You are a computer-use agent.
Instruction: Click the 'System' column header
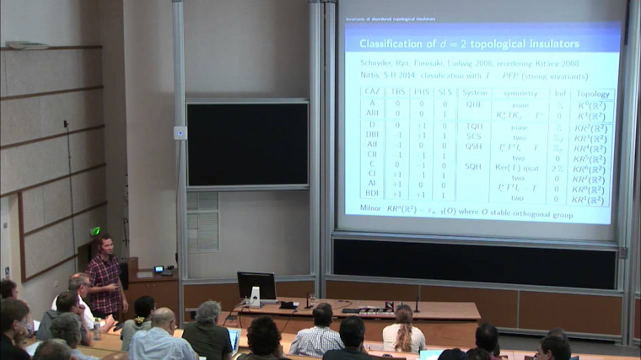pos(474,93)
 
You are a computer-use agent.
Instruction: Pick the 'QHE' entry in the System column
pos(473,104)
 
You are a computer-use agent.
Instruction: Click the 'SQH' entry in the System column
pos(473,165)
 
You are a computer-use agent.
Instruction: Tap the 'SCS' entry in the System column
pos(474,134)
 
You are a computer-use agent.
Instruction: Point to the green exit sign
pos(95,231)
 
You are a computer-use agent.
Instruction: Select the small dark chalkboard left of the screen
pos(247,143)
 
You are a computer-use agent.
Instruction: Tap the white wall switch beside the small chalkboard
pos(180,132)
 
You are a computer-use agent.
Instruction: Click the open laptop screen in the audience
pos(234,338)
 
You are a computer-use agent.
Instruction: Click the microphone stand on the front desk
pos(416,304)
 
